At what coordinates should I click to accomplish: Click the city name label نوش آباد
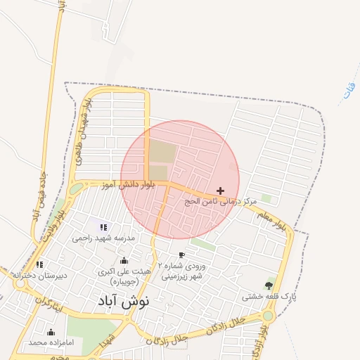point(122,303)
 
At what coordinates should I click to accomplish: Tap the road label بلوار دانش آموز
point(125,185)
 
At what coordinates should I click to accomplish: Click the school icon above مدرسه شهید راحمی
point(103,227)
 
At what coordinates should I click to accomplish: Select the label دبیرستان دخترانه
point(39,275)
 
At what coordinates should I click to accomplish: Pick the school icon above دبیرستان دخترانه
point(39,264)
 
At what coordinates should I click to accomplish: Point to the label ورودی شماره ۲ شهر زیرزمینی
point(182,271)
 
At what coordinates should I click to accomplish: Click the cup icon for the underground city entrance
point(181,255)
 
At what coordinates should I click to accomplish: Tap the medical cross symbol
point(221,191)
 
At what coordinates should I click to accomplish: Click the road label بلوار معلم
point(269,219)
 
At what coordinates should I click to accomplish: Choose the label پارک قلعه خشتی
point(265,297)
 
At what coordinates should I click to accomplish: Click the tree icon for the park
point(269,285)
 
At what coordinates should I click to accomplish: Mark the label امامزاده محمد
point(51,343)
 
